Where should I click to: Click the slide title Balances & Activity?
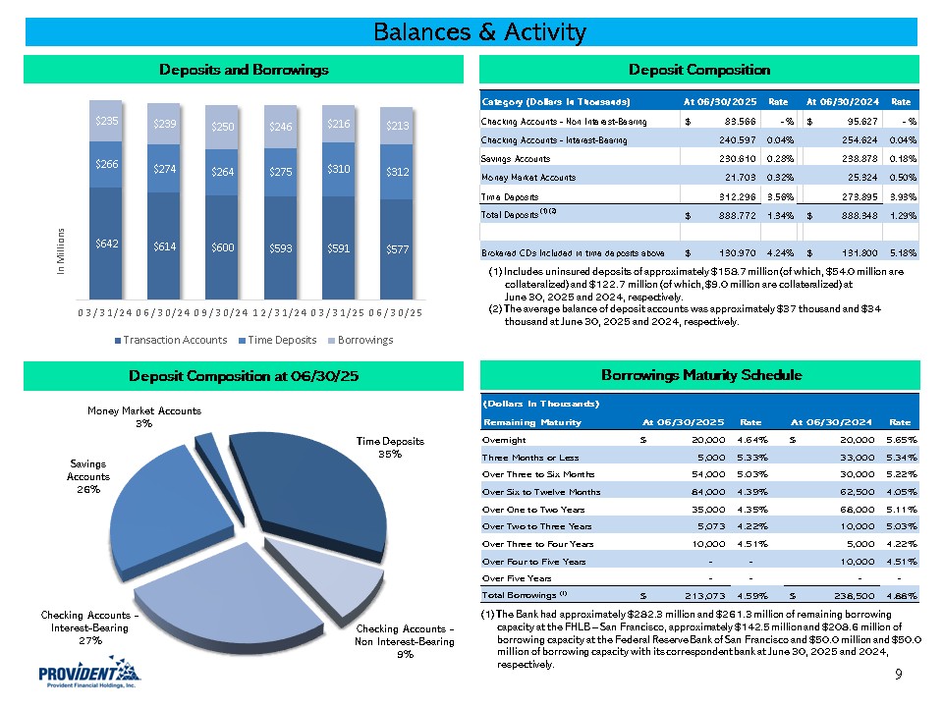point(479,32)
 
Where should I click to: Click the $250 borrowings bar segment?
point(222,128)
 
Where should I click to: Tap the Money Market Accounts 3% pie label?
point(143,416)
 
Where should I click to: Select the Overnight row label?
point(504,440)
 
